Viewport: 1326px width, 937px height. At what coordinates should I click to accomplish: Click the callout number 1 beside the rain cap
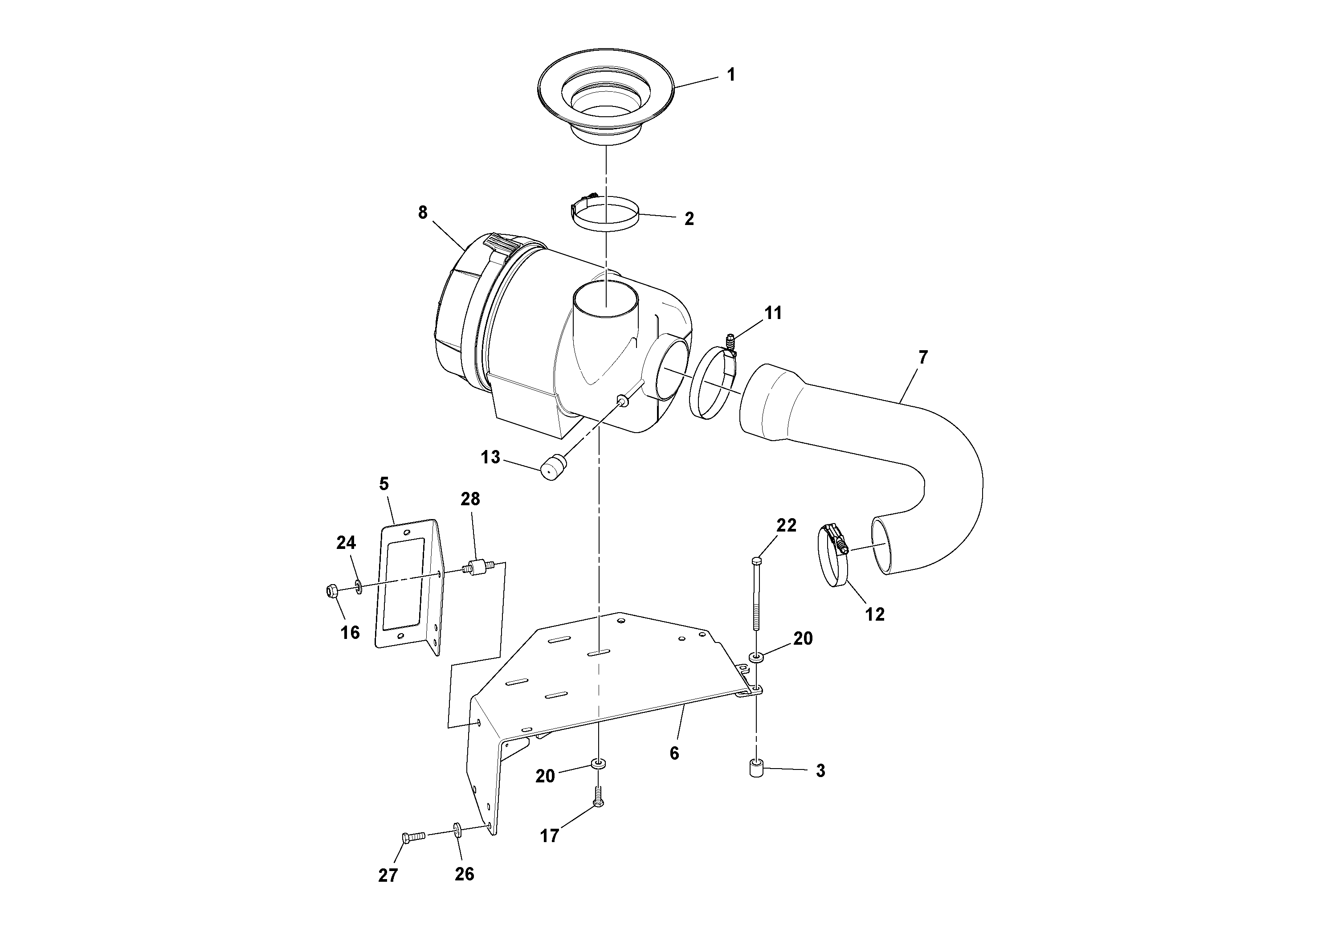[x=730, y=75]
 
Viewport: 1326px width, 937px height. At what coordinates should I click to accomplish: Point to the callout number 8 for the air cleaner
[x=423, y=213]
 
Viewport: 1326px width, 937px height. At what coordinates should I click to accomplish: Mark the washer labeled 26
[x=457, y=831]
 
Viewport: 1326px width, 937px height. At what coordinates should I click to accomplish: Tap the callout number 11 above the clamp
[x=773, y=313]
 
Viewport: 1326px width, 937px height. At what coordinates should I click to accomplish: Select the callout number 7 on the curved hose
[x=922, y=358]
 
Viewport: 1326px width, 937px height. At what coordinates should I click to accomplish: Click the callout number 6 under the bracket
[x=674, y=753]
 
